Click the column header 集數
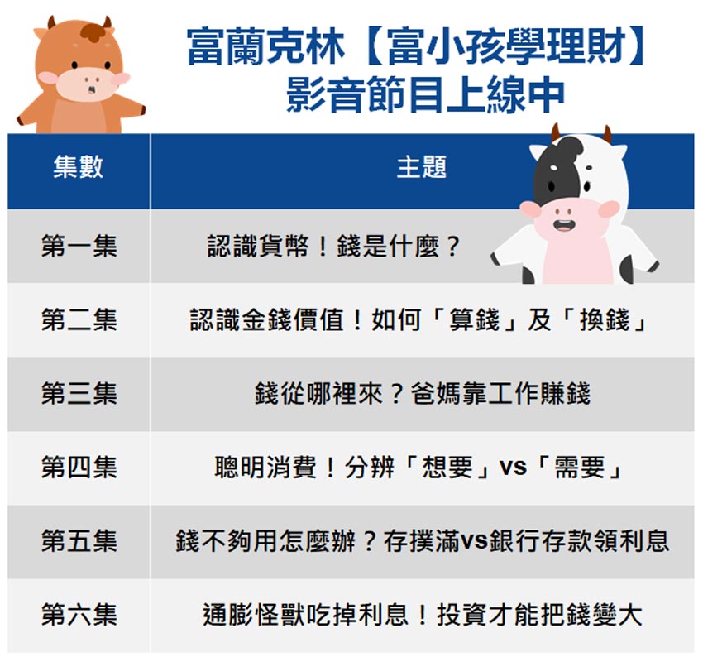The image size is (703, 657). (x=79, y=167)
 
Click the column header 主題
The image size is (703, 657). (x=422, y=167)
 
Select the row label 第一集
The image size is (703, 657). (x=79, y=247)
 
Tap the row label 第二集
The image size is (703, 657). (x=79, y=320)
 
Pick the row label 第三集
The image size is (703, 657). (x=79, y=394)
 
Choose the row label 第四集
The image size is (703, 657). (x=79, y=468)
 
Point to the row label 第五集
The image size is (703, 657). (x=79, y=541)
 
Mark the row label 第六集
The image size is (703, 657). (x=79, y=615)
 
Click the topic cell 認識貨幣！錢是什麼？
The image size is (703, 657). (x=333, y=247)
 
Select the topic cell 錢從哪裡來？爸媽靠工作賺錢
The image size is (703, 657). (x=423, y=394)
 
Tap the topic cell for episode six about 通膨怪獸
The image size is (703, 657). (x=423, y=615)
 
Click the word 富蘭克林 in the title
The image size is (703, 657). (x=265, y=46)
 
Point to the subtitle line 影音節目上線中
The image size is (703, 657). (x=425, y=94)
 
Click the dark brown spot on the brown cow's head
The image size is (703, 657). (x=95, y=31)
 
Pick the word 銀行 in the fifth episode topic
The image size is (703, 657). (x=515, y=541)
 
